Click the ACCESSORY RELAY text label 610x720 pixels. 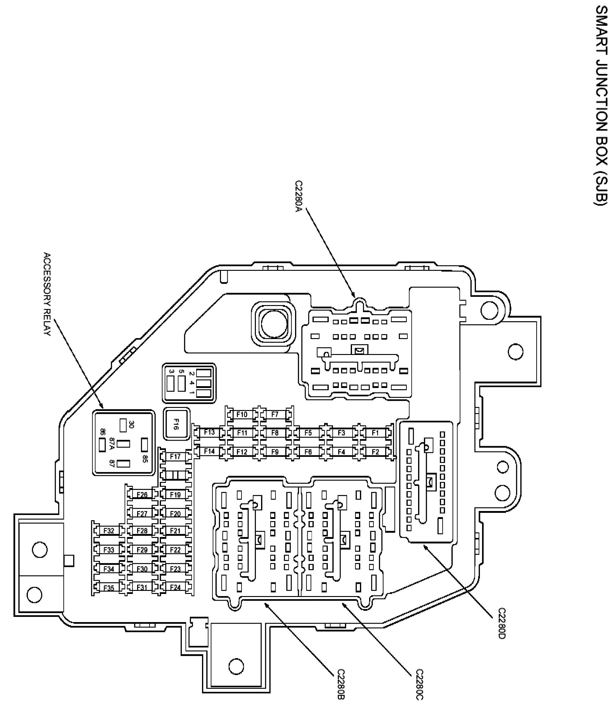[x=47, y=294]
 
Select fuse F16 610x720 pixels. [x=176, y=424]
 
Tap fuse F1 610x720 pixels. [x=375, y=433]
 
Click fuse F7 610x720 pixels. [x=275, y=414]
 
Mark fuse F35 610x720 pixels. [x=109, y=588]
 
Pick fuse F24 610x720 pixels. [x=175, y=587]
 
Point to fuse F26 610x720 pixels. [x=142, y=494]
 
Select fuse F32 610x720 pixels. [x=109, y=531]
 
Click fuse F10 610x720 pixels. [x=242, y=414]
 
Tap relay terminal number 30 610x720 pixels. [x=131, y=424]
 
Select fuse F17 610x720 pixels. [x=175, y=457]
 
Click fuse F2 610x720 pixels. [x=375, y=452]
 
